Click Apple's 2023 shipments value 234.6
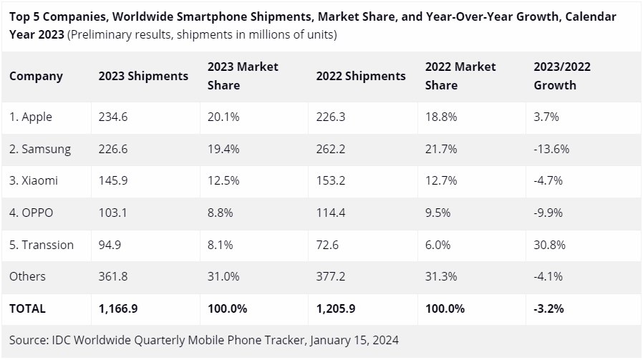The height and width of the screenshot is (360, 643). pos(113,117)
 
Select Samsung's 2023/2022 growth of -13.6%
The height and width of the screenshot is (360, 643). pos(551,149)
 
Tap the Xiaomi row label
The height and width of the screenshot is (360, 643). pos(34,181)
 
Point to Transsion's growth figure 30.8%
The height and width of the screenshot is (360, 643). pos(550,245)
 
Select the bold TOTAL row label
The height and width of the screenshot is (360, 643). pos(27,308)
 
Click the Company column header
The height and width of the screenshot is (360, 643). pos(36,76)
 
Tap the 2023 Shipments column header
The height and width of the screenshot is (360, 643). pos(143,76)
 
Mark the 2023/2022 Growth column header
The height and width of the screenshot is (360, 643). pos(562,76)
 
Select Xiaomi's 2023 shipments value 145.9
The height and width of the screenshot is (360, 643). pos(113,181)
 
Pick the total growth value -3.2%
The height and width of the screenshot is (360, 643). pos(548,308)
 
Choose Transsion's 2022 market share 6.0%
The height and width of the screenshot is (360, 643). pos(437,245)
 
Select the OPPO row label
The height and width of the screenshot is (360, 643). pos(32,213)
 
